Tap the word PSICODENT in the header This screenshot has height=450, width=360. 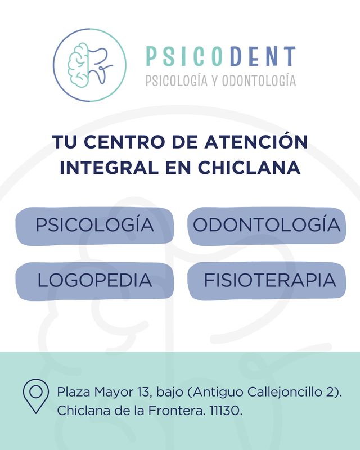(220, 56)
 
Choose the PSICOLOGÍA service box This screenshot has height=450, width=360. (94, 226)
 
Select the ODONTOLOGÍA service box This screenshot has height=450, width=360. (266, 226)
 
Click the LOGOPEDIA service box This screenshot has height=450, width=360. (94, 280)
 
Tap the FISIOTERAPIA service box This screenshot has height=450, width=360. (266, 280)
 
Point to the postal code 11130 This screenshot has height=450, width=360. (224, 411)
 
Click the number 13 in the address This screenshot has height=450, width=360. (142, 391)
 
